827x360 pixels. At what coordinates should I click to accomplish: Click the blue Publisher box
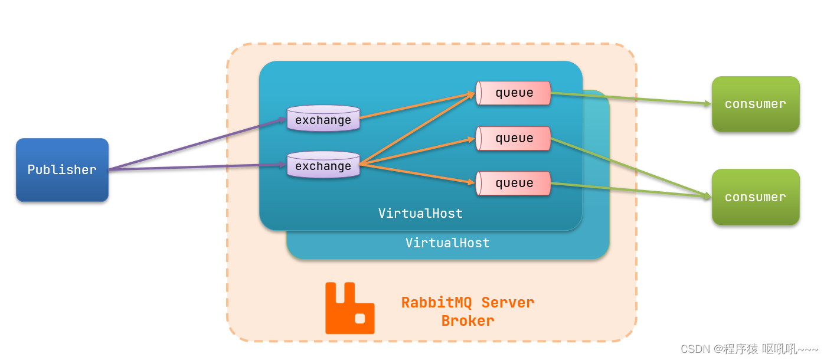tap(62, 170)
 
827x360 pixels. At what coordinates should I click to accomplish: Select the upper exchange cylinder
tap(323, 118)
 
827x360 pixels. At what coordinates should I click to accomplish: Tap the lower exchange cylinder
tap(323, 164)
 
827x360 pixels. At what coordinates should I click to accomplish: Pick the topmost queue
tap(513, 93)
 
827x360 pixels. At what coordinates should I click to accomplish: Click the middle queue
tap(513, 139)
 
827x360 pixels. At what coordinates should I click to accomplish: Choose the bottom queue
tap(513, 184)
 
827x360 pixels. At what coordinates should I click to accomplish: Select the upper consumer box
tap(756, 104)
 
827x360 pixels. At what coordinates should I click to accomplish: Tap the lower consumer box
tap(756, 197)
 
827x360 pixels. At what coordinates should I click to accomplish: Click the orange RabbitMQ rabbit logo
tap(349, 308)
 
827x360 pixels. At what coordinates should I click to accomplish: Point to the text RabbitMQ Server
tap(468, 302)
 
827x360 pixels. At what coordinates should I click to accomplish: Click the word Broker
tap(468, 321)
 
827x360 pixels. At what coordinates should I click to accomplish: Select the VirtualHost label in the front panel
tap(420, 213)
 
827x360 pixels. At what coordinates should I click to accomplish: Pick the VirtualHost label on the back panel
tap(448, 243)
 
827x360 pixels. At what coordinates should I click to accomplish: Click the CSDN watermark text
tap(749, 349)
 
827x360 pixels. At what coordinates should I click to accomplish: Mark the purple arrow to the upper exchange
tap(198, 144)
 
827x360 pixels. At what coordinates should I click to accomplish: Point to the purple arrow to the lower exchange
tap(198, 167)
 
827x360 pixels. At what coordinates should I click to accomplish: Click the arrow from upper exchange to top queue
tap(417, 106)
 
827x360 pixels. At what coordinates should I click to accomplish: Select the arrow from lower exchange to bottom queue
tap(417, 174)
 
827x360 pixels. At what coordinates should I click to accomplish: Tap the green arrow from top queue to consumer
tap(631, 98)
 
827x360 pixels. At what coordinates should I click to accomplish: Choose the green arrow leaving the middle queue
tap(631, 168)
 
